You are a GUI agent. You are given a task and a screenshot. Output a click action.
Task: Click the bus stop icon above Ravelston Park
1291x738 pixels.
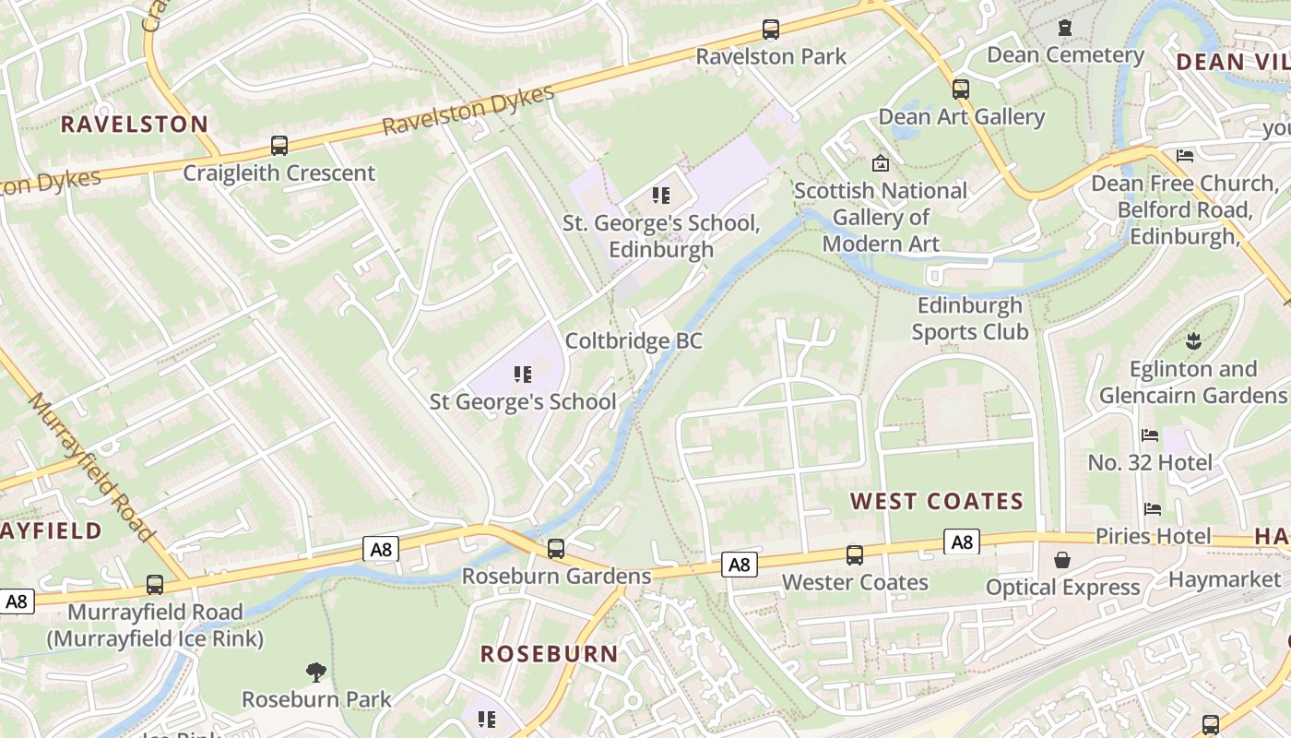pos(771,30)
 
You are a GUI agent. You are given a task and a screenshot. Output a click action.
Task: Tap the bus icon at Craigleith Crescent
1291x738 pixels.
pos(278,146)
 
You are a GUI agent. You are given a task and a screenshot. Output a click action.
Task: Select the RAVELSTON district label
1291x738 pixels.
pos(135,125)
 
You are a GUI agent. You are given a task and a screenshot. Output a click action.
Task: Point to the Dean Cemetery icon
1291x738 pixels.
pos(1065,28)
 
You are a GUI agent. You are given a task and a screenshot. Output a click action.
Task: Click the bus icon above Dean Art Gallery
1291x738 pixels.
pos(961,89)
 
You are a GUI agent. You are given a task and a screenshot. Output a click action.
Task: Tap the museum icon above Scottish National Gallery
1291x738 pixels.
pos(881,163)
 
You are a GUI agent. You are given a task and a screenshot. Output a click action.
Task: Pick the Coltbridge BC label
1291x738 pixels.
pos(634,341)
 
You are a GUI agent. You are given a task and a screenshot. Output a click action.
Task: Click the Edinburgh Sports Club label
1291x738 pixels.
pos(969,318)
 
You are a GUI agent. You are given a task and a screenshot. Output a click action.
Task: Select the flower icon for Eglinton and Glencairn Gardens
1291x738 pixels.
pos(1193,341)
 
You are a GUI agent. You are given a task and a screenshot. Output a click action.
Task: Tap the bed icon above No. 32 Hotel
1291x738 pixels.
pos(1150,435)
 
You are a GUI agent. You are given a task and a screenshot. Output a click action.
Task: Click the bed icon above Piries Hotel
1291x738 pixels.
pos(1152,509)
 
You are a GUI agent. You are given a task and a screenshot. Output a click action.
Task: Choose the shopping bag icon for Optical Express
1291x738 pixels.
pos(1062,560)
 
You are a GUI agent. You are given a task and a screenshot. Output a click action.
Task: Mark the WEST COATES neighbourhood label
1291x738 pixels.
pos(937,502)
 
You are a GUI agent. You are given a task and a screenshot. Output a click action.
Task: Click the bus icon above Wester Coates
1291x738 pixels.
pos(855,555)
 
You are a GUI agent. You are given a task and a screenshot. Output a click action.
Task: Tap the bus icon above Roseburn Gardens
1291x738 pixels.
pos(556,549)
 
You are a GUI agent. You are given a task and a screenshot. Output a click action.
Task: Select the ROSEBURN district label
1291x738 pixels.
pos(550,654)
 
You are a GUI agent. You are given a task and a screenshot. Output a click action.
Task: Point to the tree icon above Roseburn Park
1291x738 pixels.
pos(316,672)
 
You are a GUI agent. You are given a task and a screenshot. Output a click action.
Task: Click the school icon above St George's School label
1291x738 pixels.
pos(523,375)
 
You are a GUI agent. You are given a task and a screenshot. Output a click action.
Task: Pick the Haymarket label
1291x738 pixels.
pos(1225,579)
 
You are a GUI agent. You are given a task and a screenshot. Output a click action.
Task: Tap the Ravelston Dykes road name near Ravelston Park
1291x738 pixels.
pos(468,111)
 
